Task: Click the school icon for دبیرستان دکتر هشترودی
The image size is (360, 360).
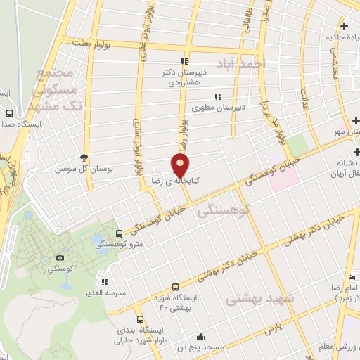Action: point(184,61)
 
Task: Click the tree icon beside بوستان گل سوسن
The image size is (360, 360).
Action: point(85,157)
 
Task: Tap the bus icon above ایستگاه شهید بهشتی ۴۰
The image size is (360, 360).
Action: point(175,286)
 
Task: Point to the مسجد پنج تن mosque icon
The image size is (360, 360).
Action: point(201,335)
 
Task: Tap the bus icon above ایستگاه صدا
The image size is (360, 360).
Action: point(10,112)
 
